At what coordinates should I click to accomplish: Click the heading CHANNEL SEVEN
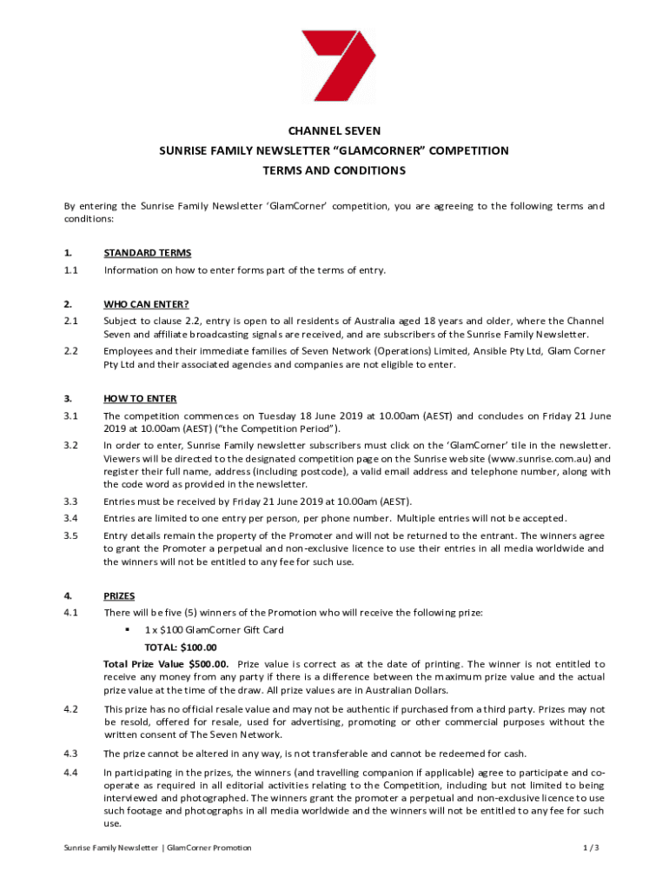click(x=334, y=130)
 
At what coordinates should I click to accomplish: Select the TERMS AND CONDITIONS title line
click(x=334, y=171)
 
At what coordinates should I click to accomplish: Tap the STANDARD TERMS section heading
click(x=147, y=253)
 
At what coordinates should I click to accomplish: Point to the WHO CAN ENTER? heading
click(x=147, y=304)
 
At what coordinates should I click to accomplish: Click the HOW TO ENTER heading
click(x=140, y=399)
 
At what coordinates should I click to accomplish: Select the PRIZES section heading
click(x=119, y=596)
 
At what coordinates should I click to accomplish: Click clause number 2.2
click(x=71, y=351)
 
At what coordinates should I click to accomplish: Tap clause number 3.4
click(x=71, y=519)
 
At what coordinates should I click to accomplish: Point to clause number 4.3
click(x=71, y=754)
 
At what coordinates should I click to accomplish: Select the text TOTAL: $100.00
click(x=181, y=648)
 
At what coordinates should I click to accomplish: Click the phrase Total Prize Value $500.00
click(x=166, y=664)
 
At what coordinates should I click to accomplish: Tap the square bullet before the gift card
click(x=126, y=630)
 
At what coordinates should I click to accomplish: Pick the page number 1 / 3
click(x=593, y=847)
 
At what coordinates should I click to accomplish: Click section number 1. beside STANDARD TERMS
click(x=68, y=253)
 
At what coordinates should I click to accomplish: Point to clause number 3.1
click(x=71, y=415)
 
